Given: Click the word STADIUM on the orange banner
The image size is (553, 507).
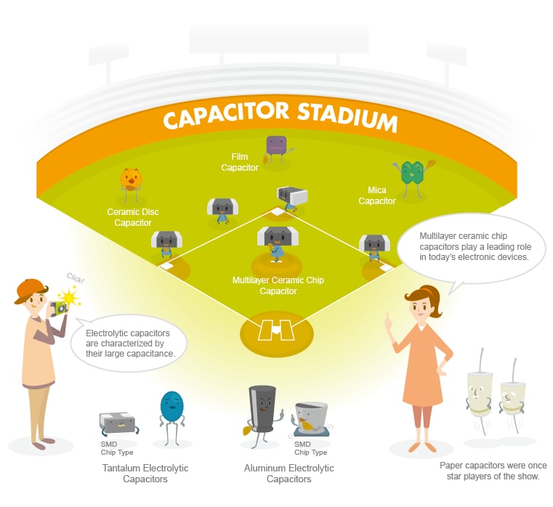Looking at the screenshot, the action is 347,116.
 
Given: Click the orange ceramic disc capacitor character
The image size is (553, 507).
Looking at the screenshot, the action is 131,184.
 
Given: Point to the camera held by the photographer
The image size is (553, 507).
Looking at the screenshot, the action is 59,308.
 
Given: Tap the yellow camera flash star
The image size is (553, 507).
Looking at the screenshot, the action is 70,297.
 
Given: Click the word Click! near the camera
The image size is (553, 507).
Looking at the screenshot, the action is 76,279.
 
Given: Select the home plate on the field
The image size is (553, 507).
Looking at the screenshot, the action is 276,330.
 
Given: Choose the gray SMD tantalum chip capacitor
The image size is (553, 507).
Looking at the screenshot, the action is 118,423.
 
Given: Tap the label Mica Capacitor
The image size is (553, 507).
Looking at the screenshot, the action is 376,195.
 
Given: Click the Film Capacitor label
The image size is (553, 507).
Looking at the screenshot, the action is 240,162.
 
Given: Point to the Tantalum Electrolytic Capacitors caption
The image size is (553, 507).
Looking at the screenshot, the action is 145,474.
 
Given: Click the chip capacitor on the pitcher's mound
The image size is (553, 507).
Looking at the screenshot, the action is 278,244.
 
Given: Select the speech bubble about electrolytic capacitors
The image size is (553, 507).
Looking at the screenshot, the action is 128,344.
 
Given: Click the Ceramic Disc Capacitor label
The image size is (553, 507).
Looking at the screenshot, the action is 133,217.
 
